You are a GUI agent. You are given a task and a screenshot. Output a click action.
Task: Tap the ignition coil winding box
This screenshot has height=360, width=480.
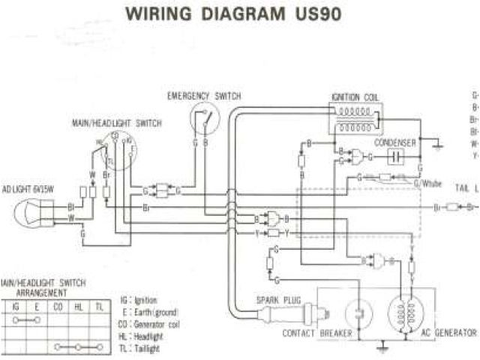coord(352,120)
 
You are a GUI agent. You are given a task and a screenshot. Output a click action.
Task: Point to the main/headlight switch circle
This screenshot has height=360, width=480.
coord(114,145)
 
